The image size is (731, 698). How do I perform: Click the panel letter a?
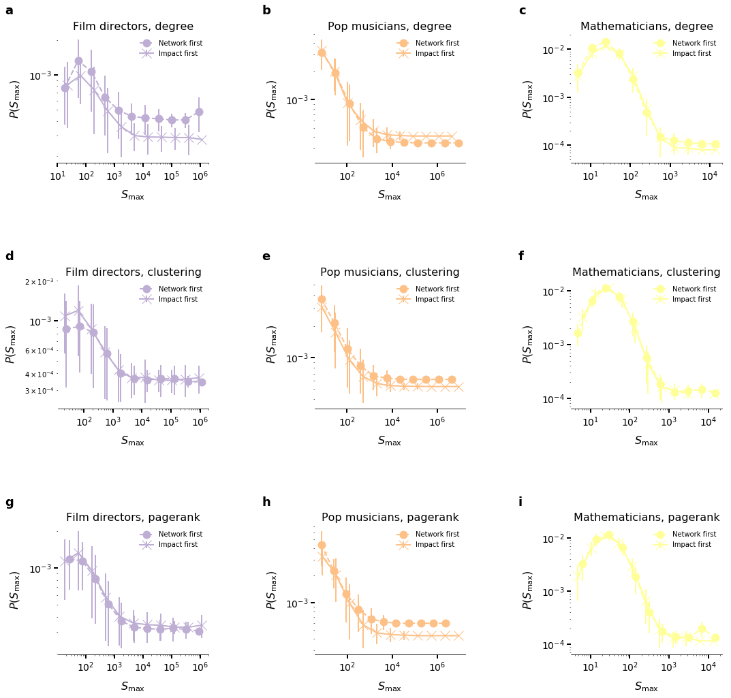pyautogui.click(x=9, y=11)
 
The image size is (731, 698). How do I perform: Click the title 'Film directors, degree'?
pyautogui.click(x=133, y=27)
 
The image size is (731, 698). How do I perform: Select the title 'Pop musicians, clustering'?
pyautogui.click(x=390, y=272)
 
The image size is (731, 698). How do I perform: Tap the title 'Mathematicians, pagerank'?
pyautogui.click(x=647, y=518)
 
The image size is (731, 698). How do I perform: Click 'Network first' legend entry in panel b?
pyautogui.click(x=437, y=44)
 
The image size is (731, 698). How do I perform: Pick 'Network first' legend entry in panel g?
pyautogui.click(x=180, y=535)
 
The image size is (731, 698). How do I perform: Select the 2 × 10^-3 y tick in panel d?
pyautogui.click(x=40, y=282)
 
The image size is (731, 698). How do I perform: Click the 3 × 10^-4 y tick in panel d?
pyautogui.click(x=40, y=391)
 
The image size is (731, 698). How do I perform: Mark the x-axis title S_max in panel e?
pyautogui.click(x=390, y=441)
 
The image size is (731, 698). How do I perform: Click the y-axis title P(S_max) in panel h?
pyautogui.click(x=271, y=590)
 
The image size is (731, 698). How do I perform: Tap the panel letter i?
pyautogui.click(x=520, y=503)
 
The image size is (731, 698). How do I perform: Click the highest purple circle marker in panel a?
pyautogui.click(x=78, y=61)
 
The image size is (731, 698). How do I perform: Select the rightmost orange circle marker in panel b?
pyautogui.click(x=458, y=143)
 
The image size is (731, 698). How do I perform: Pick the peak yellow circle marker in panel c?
pyautogui.click(x=606, y=42)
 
